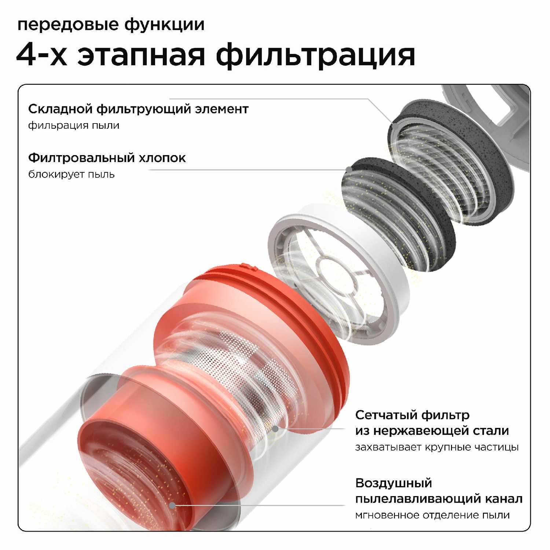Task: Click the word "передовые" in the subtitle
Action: point(68,25)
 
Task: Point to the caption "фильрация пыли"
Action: point(74,125)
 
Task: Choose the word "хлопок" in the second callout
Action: point(162,158)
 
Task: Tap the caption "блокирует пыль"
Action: point(71,174)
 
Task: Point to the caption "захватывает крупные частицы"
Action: point(437,447)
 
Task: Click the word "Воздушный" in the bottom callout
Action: point(393,483)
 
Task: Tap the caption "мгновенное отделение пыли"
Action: point(432,515)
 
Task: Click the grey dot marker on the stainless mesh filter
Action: point(275,428)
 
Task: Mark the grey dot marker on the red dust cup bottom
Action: point(172,505)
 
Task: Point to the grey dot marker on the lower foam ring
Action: point(349,169)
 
